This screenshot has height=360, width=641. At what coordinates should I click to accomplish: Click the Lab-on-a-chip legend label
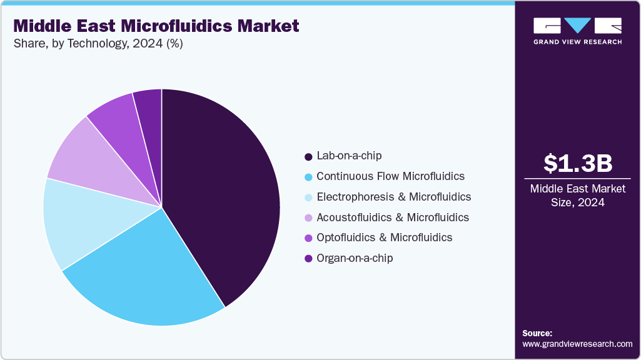pyautogui.click(x=349, y=156)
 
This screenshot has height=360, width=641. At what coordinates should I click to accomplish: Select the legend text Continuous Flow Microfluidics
pyautogui.click(x=390, y=176)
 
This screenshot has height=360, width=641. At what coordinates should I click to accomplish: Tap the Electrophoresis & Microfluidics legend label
pyautogui.click(x=393, y=197)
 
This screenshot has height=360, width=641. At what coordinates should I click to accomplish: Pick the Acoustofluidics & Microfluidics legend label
pyautogui.click(x=393, y=217)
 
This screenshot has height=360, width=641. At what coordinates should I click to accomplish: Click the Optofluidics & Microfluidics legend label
pyautogui.click(x=384, y=237)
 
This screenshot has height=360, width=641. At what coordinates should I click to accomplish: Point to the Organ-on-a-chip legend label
pyautogui.click(x=355, y=258)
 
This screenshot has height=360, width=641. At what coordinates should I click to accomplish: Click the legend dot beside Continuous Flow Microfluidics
pyautogui.click(x=308, y=177)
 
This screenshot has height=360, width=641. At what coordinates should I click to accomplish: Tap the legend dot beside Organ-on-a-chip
pyautogui.click(x=308, y=259)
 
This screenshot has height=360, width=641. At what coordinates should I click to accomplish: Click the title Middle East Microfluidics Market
pyautogui.click(x=156, y=26)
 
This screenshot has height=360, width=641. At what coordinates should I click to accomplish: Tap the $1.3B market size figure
pyautogui.click(x=577, y=163)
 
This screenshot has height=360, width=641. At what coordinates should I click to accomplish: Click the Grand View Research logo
pyautogui.click(x=577, y=31)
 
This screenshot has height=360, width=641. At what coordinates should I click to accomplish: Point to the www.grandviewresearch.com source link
pyautogui.click(x=577, y=344)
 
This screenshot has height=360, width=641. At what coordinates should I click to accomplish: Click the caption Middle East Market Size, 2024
pyautogui.click(x=577, y=196)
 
